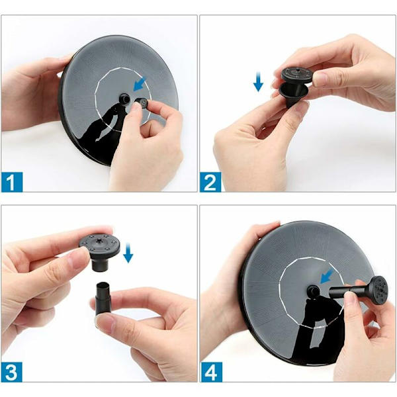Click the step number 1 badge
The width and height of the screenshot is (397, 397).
pyautogui.click(x=12, y=182)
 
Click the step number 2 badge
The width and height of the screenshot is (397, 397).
pyautogui.click(x=210, y=182)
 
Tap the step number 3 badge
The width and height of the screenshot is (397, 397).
pyautogui.click(x=12, y=372)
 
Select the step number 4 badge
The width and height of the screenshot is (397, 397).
pyautogui.click(x=211, y=372)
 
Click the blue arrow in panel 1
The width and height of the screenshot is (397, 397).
pyautogui.click(x=140, y=84)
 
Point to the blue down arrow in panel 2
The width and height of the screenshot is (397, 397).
pyautogui.click(x=258, y=81)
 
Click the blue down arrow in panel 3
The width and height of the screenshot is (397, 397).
pyautogui.click(x=128, y=253)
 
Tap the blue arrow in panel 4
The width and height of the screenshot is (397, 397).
pyautogui.click(x=327, y=277)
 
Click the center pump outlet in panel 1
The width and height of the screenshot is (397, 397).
pyautogui.click(x=124, y=99)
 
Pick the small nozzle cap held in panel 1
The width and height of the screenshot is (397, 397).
pyautogui.click(x=142, y=103)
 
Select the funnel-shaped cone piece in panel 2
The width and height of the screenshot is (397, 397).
pyautogui.click(x=293, y=94)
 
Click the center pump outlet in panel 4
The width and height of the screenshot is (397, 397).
pyautogui.click(x=313, y=290)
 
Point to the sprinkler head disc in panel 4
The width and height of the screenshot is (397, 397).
pyautogui.click(x=378, y=288)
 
